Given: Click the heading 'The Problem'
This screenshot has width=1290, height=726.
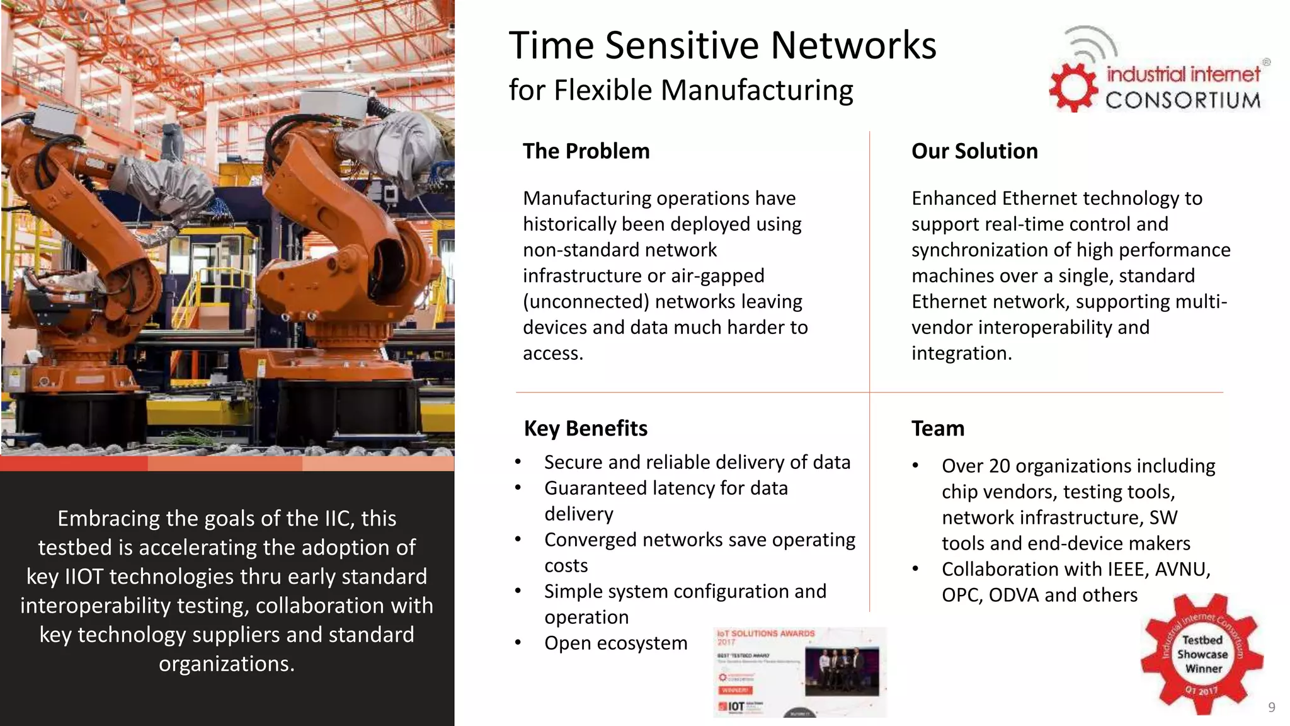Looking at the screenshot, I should [586, 151].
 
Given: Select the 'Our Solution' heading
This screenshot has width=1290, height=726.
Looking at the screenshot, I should [974, 151].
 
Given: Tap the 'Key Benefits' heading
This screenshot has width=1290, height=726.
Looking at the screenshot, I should [585, 429].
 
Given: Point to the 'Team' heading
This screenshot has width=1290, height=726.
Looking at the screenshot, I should [937, 429].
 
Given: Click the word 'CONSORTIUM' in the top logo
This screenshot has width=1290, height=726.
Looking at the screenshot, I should [1183, 100].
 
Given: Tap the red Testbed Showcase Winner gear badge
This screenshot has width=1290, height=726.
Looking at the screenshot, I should [1201, 654].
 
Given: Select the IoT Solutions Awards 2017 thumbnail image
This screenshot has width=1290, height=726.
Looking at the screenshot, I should [799, 672].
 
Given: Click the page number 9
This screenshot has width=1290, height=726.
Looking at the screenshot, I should [1271, 707].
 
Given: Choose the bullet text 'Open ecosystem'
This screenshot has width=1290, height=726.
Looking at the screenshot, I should [615, 643].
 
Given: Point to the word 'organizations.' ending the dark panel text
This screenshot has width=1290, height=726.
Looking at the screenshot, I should [227, 664].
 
